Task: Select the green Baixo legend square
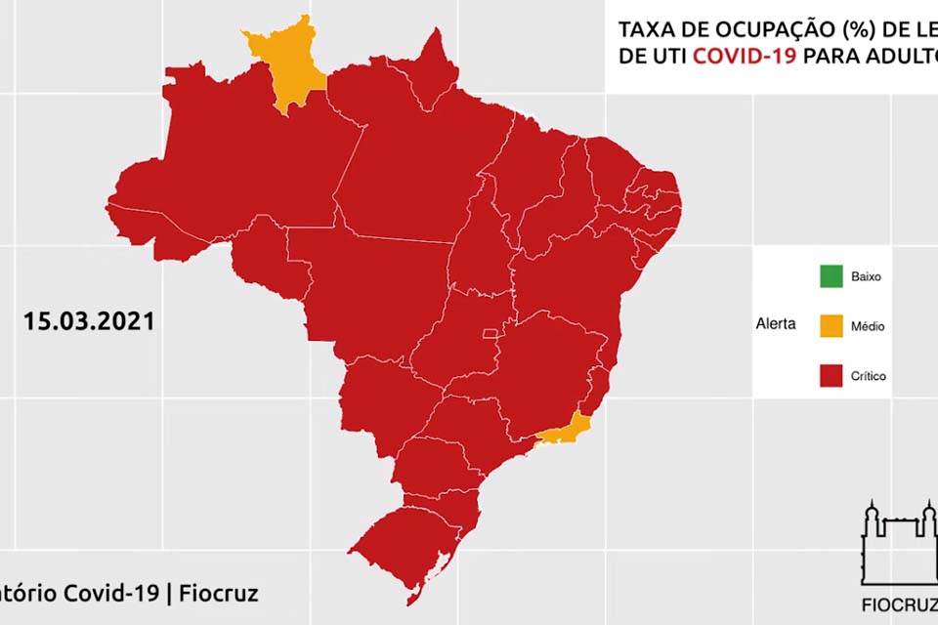[x=831, y=276]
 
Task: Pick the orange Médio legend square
[x=831, y=326]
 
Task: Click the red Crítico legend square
[x=831, y=376]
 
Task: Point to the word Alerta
[x=776, y=324]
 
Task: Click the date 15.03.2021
[x=89, y=321]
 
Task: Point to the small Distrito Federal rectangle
[x=490, y=334]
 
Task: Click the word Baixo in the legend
[x=866, y=276]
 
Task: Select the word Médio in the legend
[x=867, y=326]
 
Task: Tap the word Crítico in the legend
[x=869, y=376]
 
